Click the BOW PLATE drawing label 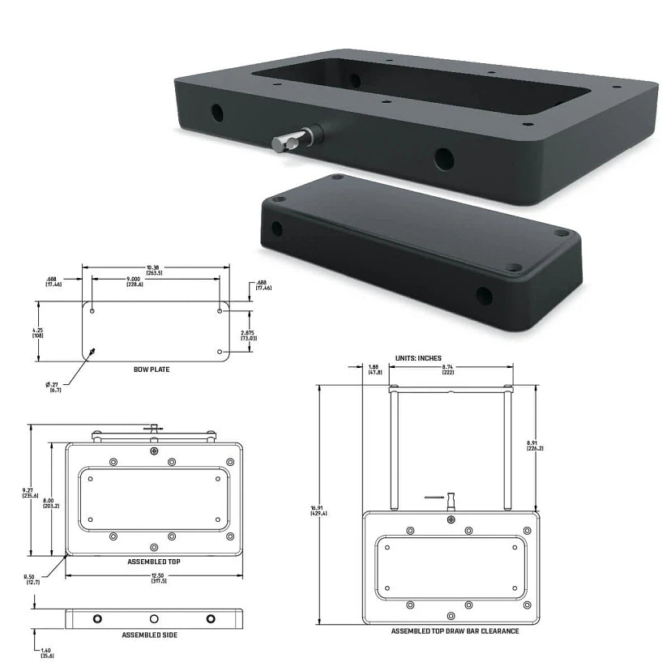coord(152,369)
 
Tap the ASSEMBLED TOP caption coord(152,561)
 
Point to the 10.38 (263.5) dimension coord(154,270)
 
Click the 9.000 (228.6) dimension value coord(153,281)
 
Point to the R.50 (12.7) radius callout coord(33,579)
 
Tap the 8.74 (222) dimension coord(447,370)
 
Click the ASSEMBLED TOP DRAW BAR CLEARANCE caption coord(455,631)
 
